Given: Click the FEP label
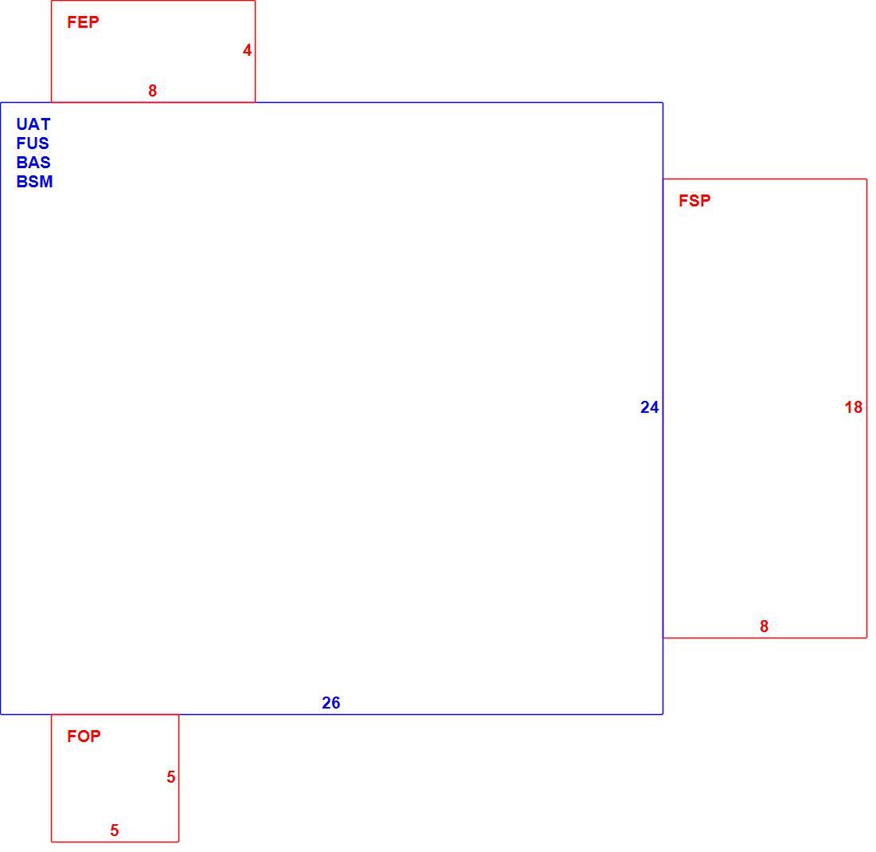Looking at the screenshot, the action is pos(83,22).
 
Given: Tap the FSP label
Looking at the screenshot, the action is pos(694,200).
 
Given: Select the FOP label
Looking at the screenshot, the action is pos(84,736).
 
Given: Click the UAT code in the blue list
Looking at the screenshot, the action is pos(33,124).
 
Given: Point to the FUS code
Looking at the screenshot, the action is pos(33,143).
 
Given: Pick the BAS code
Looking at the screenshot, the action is pos(33,162).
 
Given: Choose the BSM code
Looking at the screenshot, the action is pos(34,181).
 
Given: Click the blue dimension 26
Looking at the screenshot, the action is pos(330,703).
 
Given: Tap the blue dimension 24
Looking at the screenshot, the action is pos(650,407).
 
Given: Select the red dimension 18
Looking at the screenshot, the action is pos(854,407).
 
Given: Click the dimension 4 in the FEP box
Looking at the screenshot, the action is pos(247,50).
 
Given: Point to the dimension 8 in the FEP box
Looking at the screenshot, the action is pos(153,91).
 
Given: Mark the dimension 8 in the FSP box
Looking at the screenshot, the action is pos(765,626).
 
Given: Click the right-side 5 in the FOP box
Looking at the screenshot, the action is pos(171,776).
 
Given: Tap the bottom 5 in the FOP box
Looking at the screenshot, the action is pos(115,830).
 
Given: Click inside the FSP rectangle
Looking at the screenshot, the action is pos(765,408).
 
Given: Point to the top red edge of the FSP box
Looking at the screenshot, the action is pos(765,179).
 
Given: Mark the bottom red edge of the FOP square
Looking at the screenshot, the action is pos(115,842).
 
